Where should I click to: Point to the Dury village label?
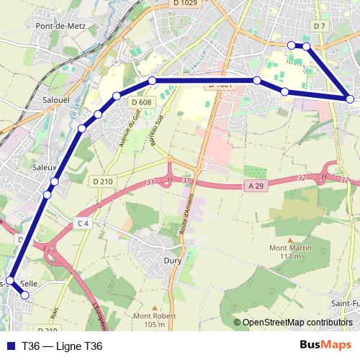click(x=173, y=262)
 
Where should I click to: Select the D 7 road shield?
click(x=320, y=26)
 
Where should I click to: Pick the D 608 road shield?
click(x=141, y=102)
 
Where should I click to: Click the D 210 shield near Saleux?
click(x=104, y=181)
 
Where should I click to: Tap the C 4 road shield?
click(x=83, y=224)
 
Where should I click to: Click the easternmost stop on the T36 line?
click(x=351, y=99)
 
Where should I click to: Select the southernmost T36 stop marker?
click(x=26, y=294)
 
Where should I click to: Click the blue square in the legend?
click(x=8, y=346)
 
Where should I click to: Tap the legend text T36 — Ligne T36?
click(x=63, y=346)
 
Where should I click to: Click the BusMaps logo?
click(x=325, y=346)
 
